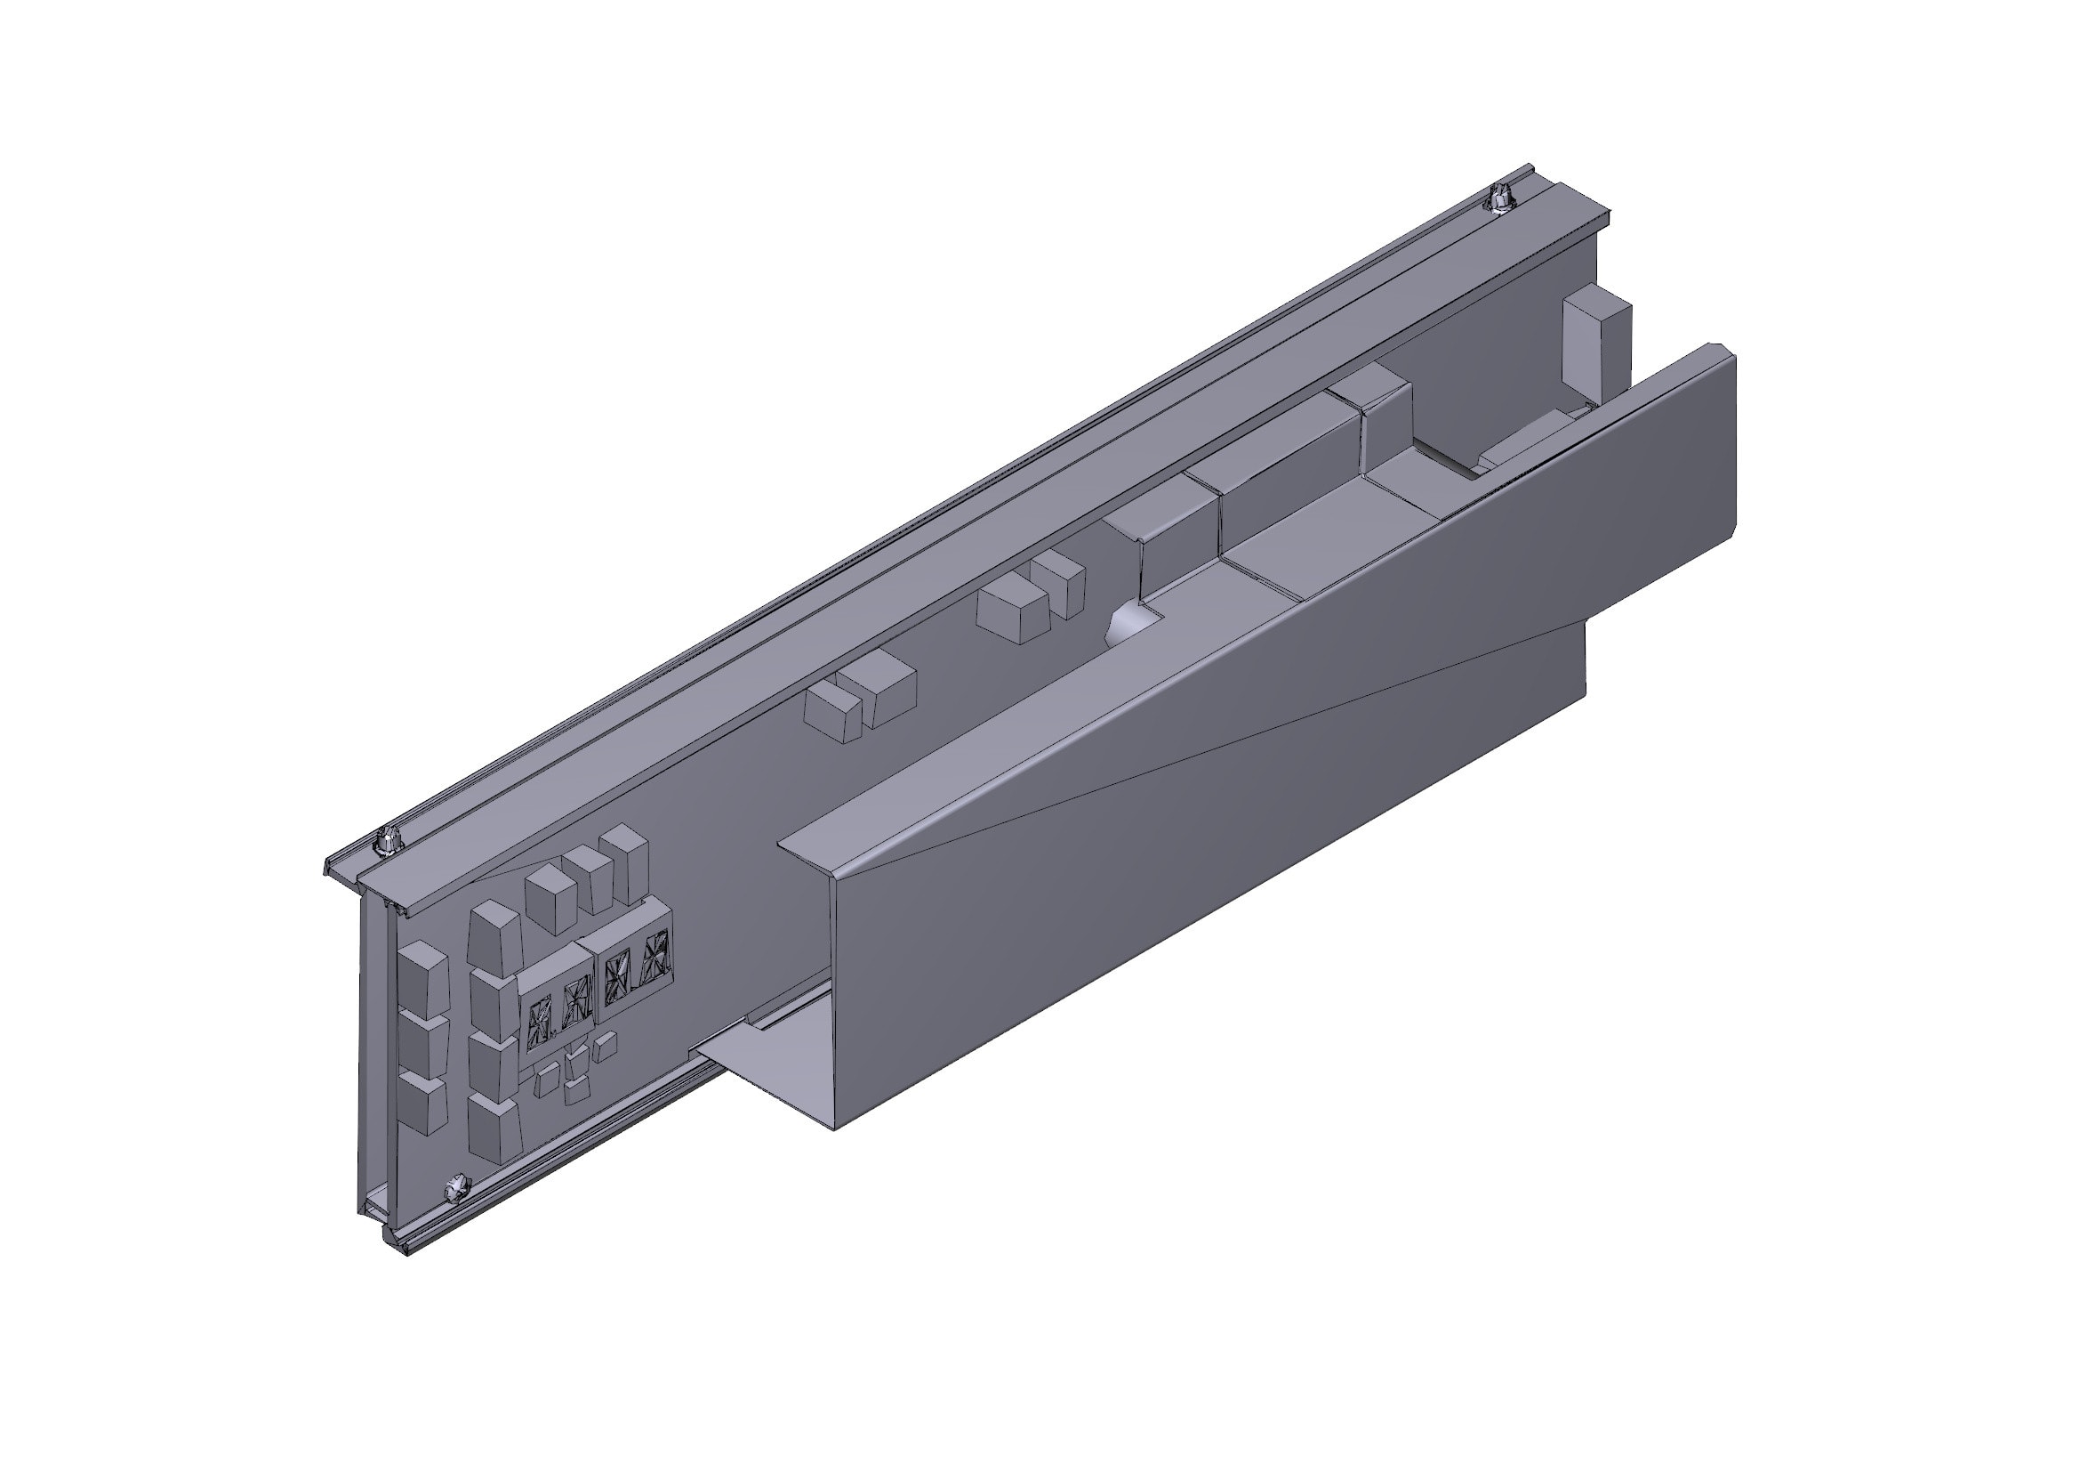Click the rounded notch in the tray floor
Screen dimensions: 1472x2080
pos(1132,624)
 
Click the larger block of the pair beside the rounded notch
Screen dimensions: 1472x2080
pos(1013,616)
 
